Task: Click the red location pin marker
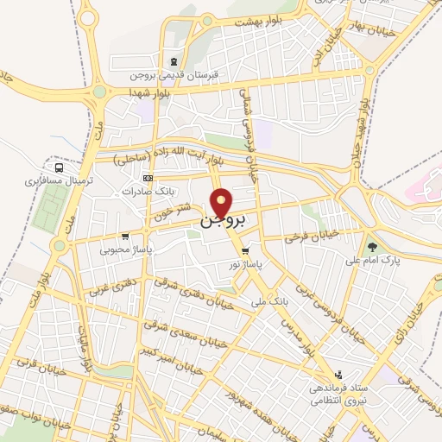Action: (223, 204)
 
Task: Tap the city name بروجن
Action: (224, 222)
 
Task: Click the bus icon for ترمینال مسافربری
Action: (59, 168)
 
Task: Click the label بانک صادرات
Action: (149, 191)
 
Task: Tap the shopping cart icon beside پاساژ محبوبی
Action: (126, 235)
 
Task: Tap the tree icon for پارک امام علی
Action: (373, 246)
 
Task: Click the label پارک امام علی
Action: (370, 259)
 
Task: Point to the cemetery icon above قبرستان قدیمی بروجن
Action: (175, 61)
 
